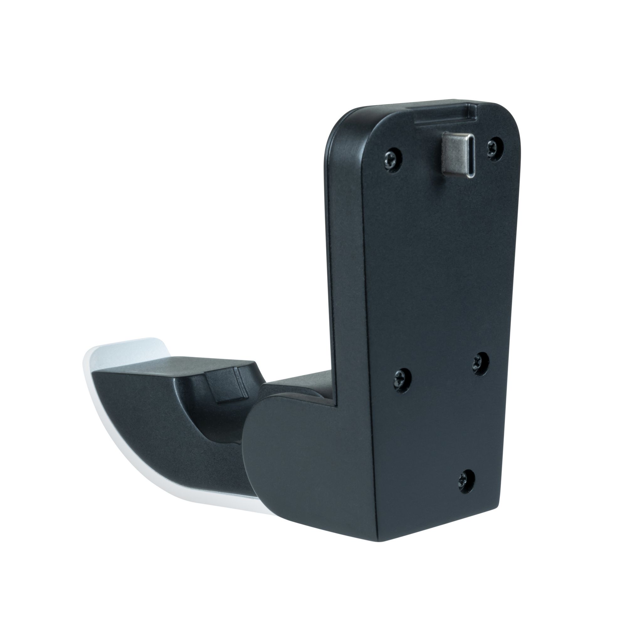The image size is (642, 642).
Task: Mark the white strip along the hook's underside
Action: point(186,498)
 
